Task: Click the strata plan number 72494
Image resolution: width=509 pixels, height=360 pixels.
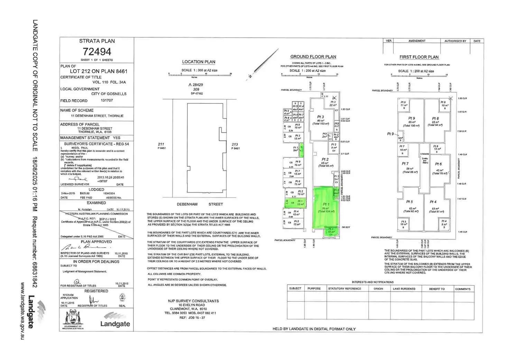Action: [97, 52]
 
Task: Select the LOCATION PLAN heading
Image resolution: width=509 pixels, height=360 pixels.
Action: [198, 62]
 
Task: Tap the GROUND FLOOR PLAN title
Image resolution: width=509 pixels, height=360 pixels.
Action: [313, 57]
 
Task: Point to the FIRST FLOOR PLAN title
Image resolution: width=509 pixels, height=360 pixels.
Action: [419, 57]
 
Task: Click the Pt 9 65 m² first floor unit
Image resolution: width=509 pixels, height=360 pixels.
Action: [411, 121]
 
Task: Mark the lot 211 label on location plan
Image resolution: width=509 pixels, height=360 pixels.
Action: [161, 145]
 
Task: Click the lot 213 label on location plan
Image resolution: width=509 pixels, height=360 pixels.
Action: [235, 145]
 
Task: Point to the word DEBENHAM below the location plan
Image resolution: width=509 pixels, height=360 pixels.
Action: [187, 204]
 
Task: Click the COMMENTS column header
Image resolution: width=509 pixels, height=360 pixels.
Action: [463, 289]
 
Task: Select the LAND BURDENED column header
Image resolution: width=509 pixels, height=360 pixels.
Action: [404, 289]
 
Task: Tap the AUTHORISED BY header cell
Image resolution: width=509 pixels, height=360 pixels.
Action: [455, 41]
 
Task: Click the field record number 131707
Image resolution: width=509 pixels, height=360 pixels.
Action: [107, 101]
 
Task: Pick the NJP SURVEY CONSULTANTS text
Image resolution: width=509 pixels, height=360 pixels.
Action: [193, 301]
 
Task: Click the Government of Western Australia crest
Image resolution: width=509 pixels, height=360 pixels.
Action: [73, 319]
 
